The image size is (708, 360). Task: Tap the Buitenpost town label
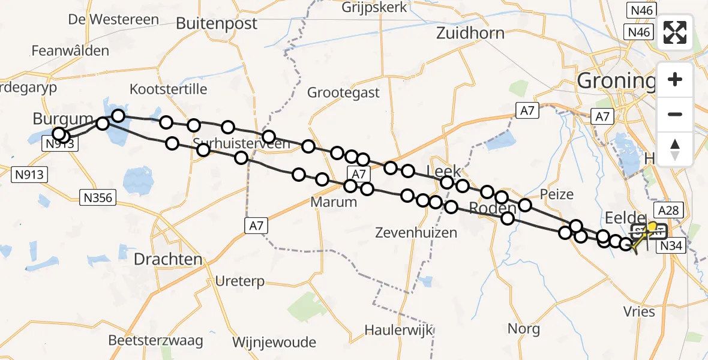pyautogui.click(x=217, y=23)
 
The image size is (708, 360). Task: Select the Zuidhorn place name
pyautogui.click(x=470, y=32)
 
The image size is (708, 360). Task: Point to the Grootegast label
pyautogui.click(x=343, y=92)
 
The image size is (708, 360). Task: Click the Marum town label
pyautogui.click(x=334, y=202)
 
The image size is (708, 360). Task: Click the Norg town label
pyautogui.click(x=523, y=329)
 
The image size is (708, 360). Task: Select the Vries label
pyautogui.click(x=639, y=312)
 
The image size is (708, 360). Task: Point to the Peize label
pyautogui.click(x=556, y=194)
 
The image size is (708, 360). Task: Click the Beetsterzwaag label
pyautogui.click(x=155, y=340)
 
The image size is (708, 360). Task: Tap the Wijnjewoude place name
pyautogui.click(x=274, y=343)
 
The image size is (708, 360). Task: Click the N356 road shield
pyautogui.click(x=98, y=197)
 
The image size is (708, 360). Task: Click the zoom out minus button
pyautogui.click(x=675, y=114)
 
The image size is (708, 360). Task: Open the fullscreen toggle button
pyautogui.click(x=675, y=32)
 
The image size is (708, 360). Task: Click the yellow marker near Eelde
pyautogui.click(x=652, y=227)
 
